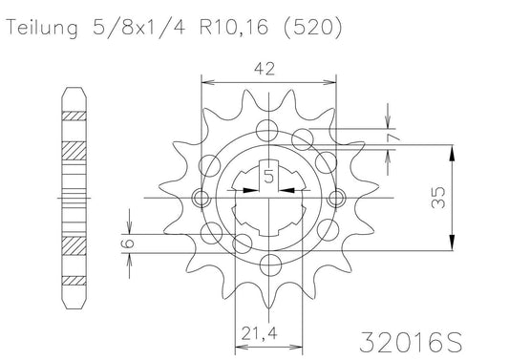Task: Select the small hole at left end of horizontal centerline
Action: click(x=200, y=199)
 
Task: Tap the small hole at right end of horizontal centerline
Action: click(x=336, y=199)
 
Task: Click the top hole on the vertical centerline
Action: click(x=268, y=131)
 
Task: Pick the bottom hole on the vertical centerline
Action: click(x=268, y=266)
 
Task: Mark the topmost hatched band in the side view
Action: click(x=73, y=116)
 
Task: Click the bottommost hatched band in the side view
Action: click(x=73, y=282)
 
